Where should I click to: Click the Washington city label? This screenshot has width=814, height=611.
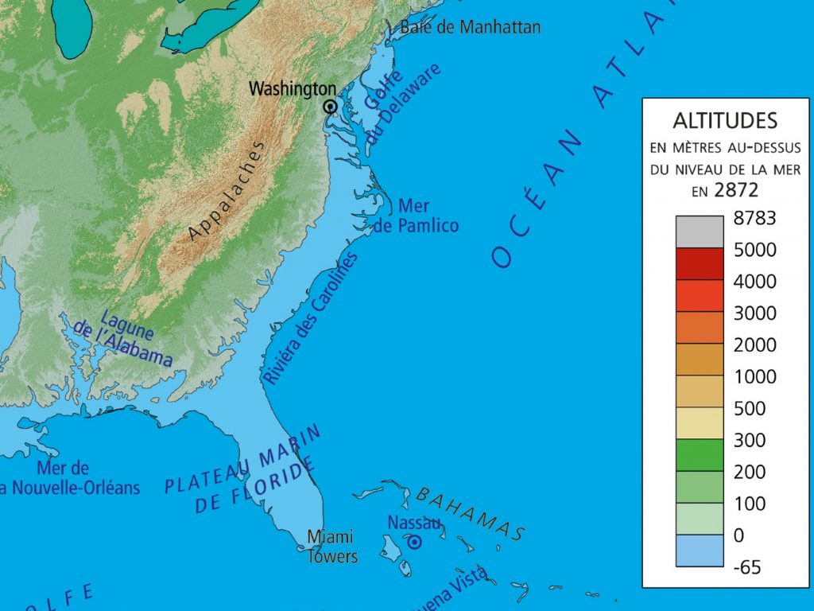coord(293,88)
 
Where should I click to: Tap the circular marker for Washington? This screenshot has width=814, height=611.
coord(330,107)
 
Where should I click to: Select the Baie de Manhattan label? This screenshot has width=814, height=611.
coord(470,27)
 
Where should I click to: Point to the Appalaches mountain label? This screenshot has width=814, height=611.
coord(227,191)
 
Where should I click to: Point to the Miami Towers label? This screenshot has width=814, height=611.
coord(332,546)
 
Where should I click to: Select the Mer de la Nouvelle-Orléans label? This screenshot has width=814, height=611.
coord(69,478)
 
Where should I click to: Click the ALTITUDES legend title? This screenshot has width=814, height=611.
coord(725,121)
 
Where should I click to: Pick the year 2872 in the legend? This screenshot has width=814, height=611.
coord(736,190)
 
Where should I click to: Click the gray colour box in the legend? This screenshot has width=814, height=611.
coord(700,232)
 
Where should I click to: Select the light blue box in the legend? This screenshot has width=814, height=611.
coord(700,551)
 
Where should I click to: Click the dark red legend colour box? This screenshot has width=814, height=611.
coord(700,263)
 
